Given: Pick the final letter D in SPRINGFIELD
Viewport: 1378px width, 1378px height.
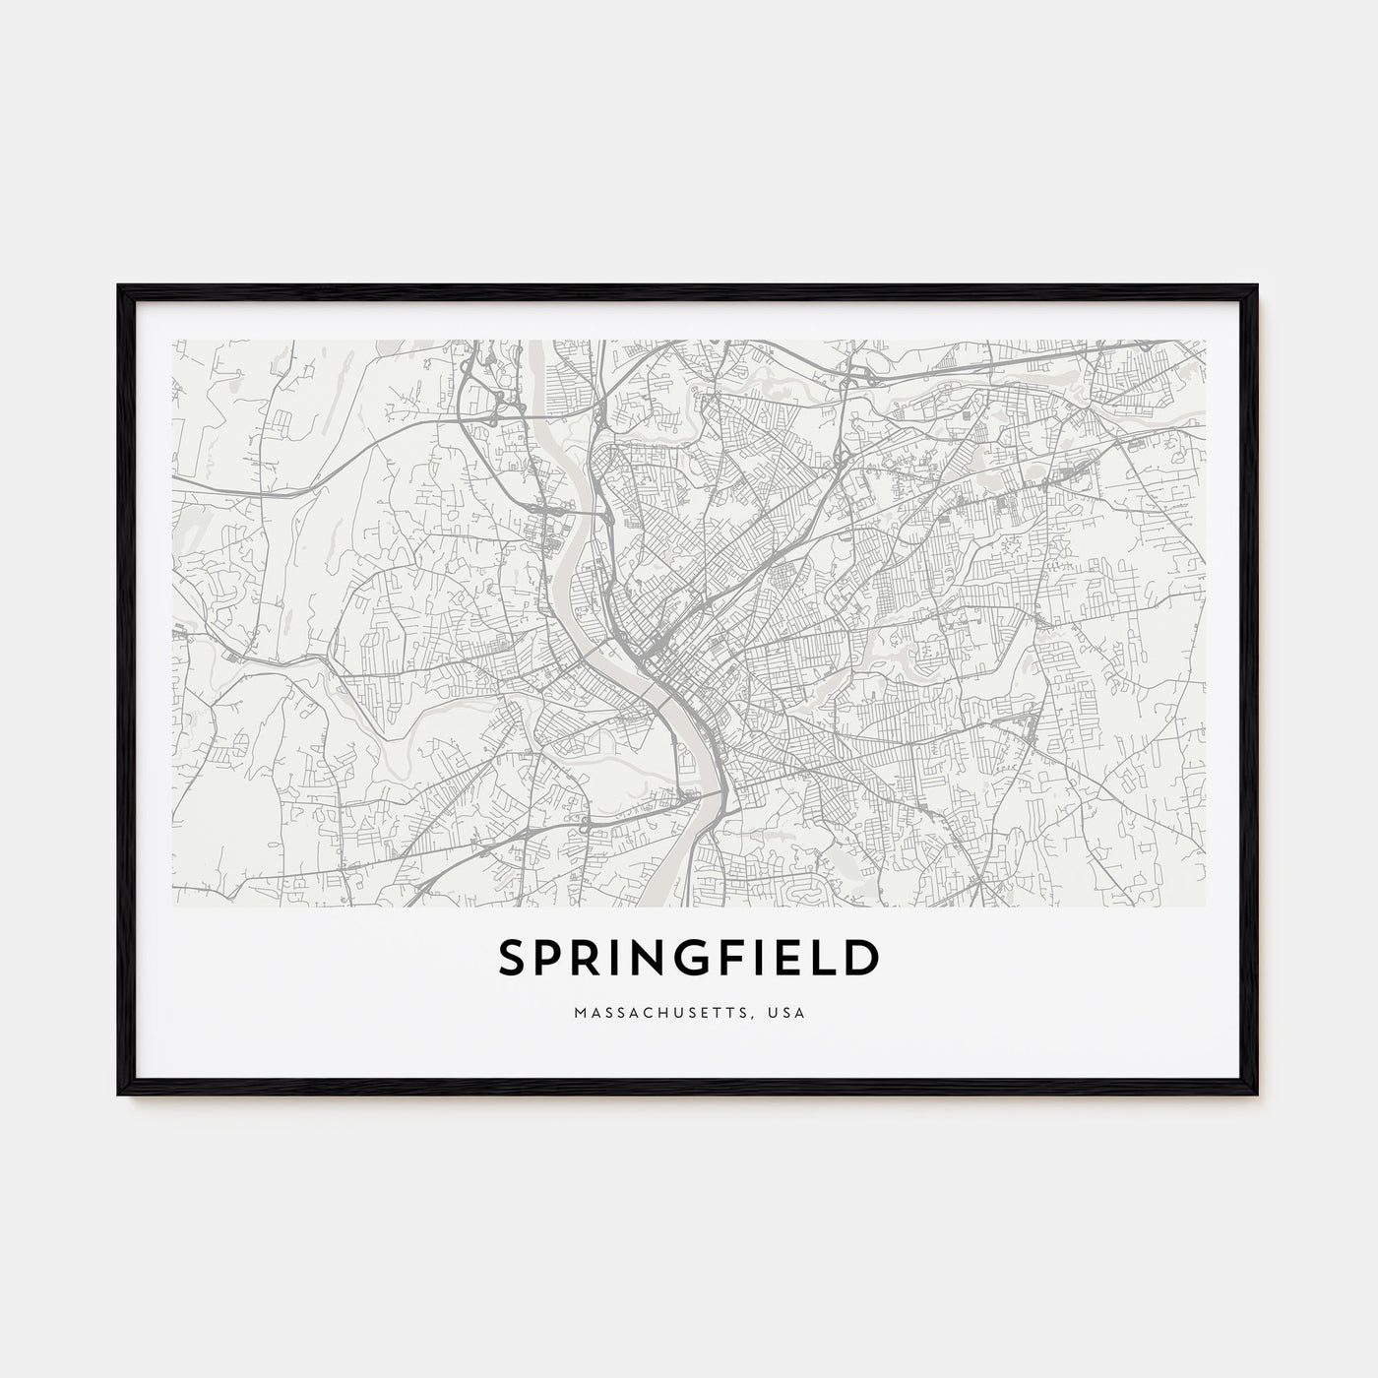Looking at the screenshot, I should coord(862,960).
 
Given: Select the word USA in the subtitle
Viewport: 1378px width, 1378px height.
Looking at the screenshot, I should coord(788,1013).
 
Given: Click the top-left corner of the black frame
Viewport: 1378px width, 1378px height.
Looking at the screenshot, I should coord(118,285).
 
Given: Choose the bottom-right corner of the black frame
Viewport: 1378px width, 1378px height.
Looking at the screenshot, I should coord(1259,1096).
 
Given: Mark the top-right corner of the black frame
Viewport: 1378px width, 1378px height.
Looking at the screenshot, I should coord(1259,285).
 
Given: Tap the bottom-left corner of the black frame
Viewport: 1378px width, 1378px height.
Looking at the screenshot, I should coord(118,1096).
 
